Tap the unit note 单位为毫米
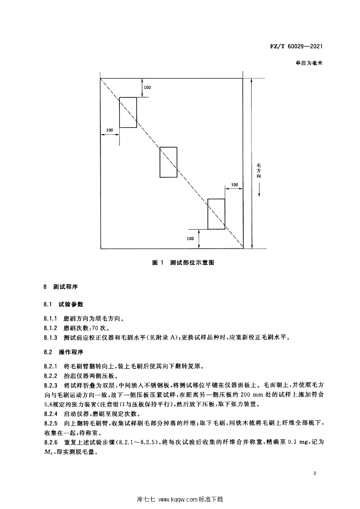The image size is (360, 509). pos(309,64)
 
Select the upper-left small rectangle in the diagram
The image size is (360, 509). pos(128,112)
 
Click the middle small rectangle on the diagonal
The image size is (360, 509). pos(168,162)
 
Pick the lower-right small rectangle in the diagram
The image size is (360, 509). pos(216,214)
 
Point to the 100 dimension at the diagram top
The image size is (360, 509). pos(147,87)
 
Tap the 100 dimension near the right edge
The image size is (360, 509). pos(234,185)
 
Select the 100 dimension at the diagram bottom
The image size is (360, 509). pos(190,239)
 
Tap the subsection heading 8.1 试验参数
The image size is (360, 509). pos(65,303)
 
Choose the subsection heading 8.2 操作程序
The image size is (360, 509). pos(65,351)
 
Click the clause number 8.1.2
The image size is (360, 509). pos(52,328)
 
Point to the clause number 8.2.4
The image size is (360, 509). pos(52,414)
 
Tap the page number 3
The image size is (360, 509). pos(315,473)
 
